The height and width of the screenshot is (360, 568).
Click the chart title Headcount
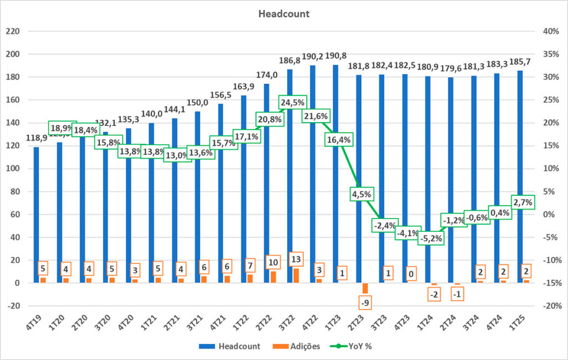pyautogui.click(x=284, y=13)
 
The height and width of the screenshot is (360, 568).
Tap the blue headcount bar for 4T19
pyautogui.click(x=36, y=216)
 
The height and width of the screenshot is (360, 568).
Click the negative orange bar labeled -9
pyautogui.click(x=365, y=288)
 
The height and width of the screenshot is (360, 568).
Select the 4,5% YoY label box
pyautogui.click(x=361, y=194)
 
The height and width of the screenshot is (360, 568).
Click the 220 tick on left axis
pyautogui.click(x=12, y=32)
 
